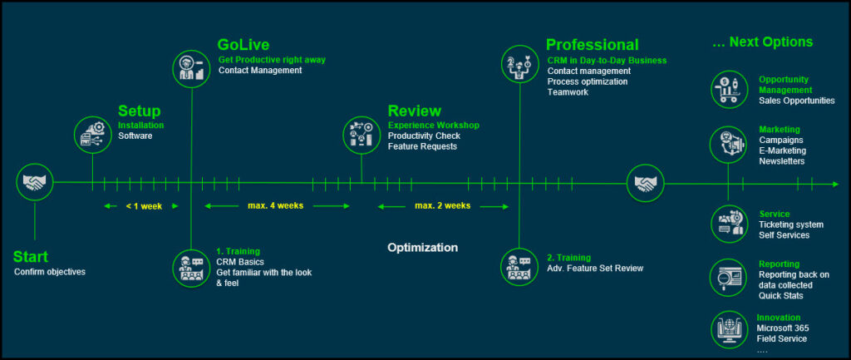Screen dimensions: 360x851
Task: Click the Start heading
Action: coord(31,257)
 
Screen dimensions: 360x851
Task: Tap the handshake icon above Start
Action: coord(35,182)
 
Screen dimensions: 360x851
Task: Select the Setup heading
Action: coord(139,111)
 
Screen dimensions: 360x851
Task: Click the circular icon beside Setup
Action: coord(92,133)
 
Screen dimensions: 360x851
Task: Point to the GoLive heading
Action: coord(243,45)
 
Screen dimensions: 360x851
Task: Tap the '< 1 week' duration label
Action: coord(143,206)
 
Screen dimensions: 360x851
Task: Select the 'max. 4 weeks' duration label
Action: coord(275,205)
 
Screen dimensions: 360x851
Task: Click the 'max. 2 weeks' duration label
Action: coord(443,205)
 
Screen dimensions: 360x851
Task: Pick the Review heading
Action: coord(414,111)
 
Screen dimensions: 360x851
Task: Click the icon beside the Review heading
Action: coord(362,133)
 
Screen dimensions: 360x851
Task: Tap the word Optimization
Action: coord(422,248)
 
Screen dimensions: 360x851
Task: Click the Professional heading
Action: coord(592,45)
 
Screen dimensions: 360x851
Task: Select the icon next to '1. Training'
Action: coord(192,266)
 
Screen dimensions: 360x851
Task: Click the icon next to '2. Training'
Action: coord(519,266)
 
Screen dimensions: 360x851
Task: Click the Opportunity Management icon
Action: coord(728,89)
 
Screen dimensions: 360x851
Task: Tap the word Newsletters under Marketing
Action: coord(781,161)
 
